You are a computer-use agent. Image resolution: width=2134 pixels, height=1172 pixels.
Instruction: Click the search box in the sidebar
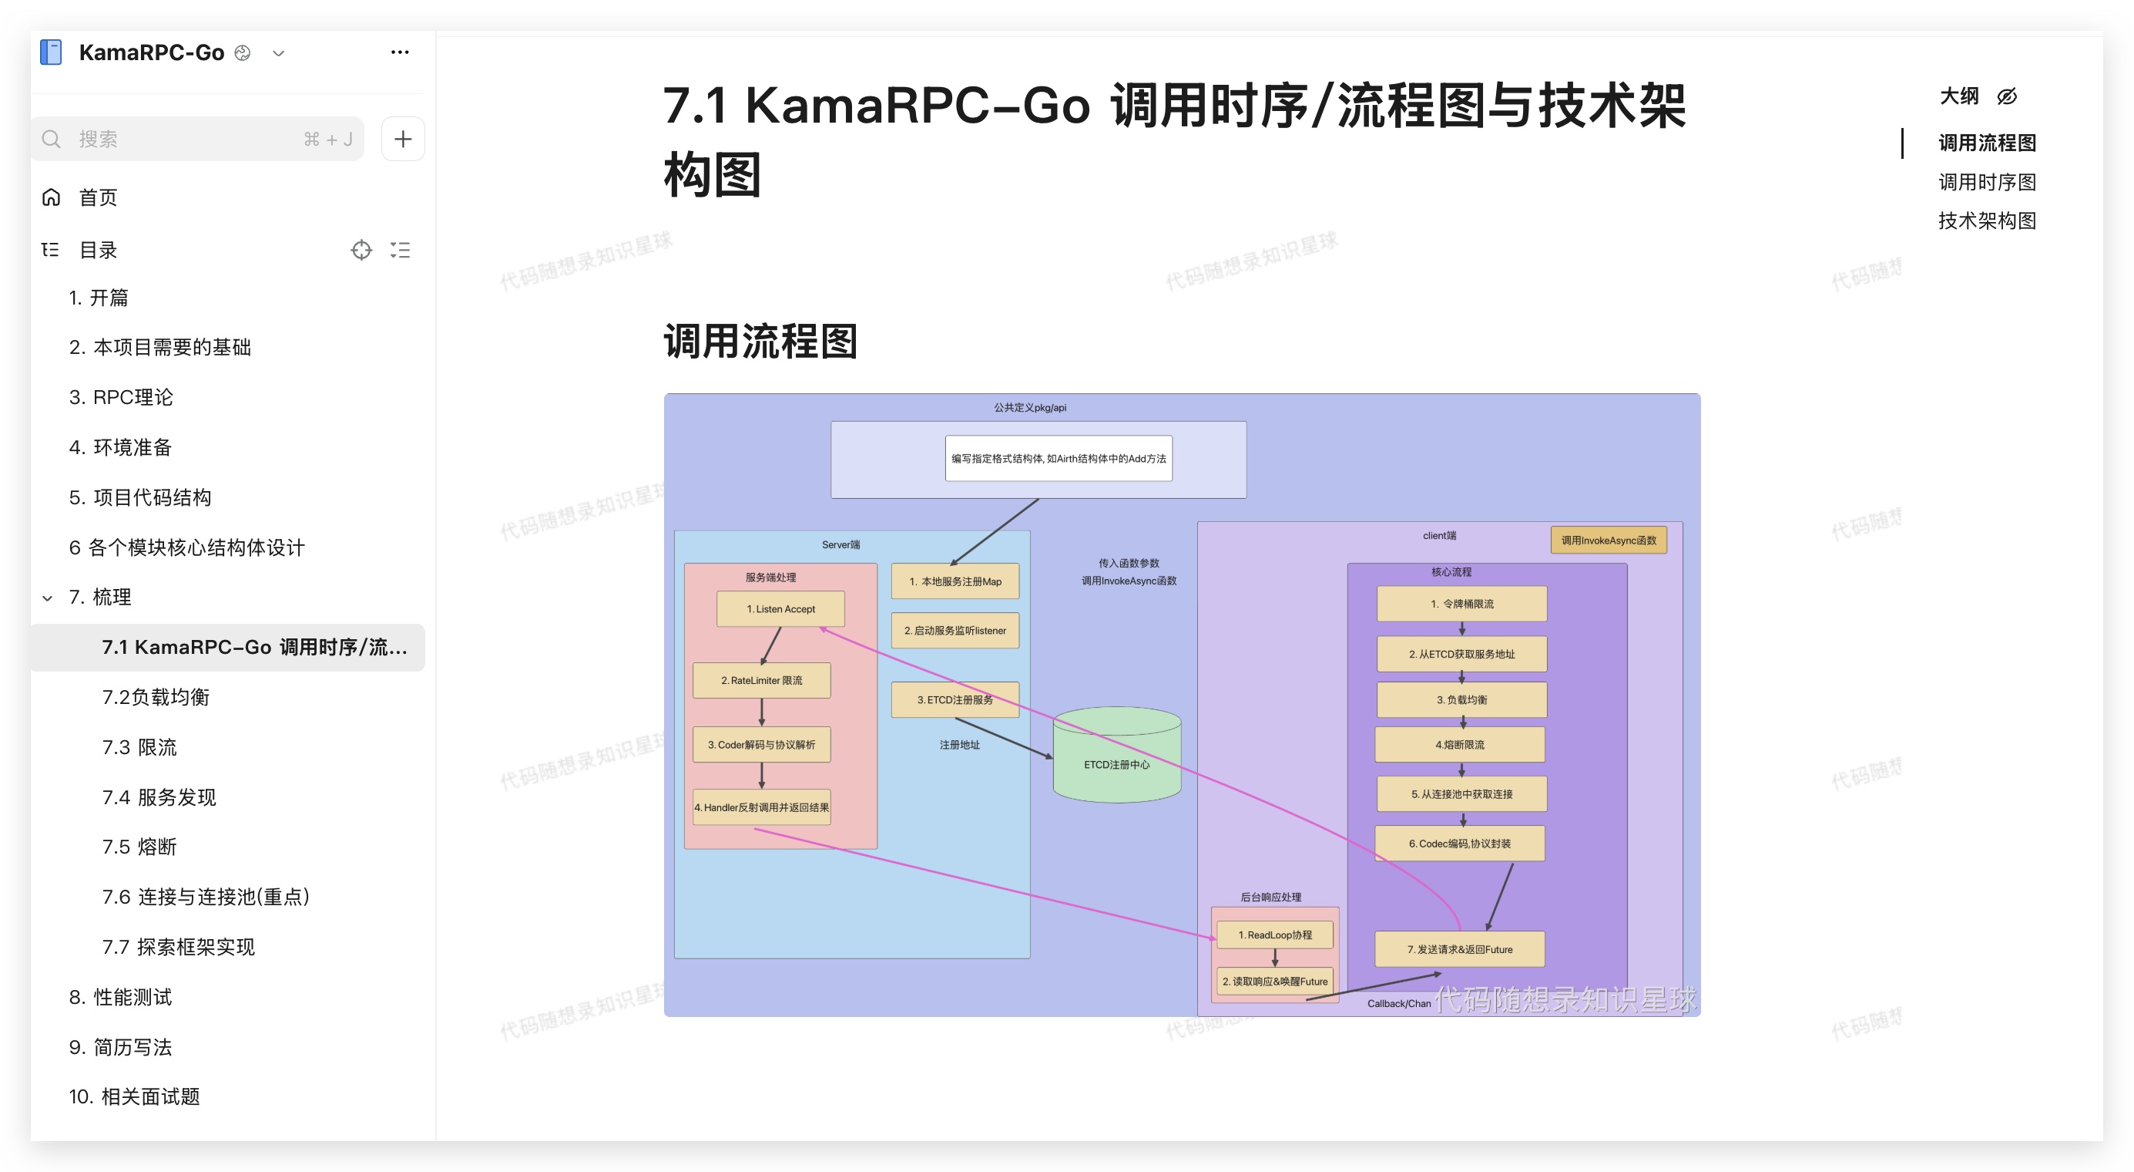197,140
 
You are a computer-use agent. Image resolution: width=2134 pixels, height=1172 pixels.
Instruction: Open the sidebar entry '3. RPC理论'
121,397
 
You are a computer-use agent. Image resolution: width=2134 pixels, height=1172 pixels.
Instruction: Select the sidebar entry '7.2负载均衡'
156,697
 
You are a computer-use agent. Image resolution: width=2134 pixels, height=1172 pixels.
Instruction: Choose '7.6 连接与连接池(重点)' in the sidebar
206,897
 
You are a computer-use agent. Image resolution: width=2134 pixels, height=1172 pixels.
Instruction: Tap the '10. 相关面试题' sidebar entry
134,1096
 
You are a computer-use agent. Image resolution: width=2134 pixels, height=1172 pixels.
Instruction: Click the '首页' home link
98,197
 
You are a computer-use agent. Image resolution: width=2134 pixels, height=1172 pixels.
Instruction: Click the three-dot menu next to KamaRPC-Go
399,52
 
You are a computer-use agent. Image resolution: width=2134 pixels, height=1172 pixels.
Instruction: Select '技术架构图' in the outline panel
1987,221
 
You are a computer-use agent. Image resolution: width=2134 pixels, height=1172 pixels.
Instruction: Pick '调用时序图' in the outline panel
1987,181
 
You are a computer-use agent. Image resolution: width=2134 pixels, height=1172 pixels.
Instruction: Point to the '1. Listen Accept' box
780,609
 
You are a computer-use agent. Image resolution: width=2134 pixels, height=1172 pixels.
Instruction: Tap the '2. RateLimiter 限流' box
761,681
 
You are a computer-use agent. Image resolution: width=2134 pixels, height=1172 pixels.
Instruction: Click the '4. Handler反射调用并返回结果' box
761,807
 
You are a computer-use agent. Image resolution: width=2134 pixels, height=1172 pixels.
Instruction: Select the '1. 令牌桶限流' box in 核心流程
1461,605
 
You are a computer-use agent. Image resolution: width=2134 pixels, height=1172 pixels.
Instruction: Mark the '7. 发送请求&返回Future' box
1460,950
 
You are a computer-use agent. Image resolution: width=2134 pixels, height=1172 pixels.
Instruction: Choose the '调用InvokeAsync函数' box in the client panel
1608,541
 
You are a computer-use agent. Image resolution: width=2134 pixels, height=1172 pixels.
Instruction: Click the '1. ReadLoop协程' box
1274,935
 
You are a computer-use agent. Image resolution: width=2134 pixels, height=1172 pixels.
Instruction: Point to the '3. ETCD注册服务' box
955,700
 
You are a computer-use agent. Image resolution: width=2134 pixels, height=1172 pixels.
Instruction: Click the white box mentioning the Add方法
1058,458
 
